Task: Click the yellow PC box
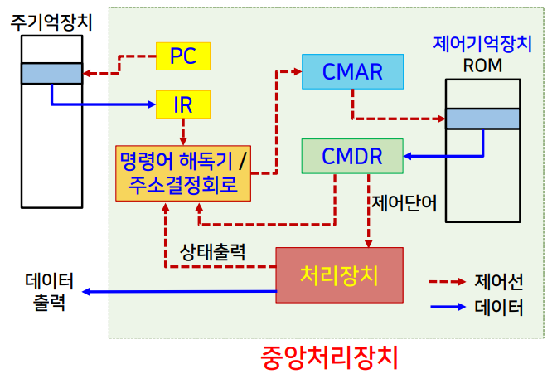[x=182, y=56]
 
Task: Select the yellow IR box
[x=182, y=104]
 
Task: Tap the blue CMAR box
[x=353, y=72]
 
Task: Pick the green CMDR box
[x=352, y=156]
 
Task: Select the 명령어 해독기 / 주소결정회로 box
[x=183, y=172]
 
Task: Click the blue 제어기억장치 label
[x=482, y=44]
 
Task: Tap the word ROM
[x=482, y=65]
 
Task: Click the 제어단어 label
[x=404, y=202]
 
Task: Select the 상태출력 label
[x=212, y=250]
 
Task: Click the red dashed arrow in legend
[x=448, y=282]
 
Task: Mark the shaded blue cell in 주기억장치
[x=51, y=74]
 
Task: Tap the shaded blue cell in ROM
[x=482, y=119]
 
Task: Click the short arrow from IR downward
[x=182, y=131]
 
